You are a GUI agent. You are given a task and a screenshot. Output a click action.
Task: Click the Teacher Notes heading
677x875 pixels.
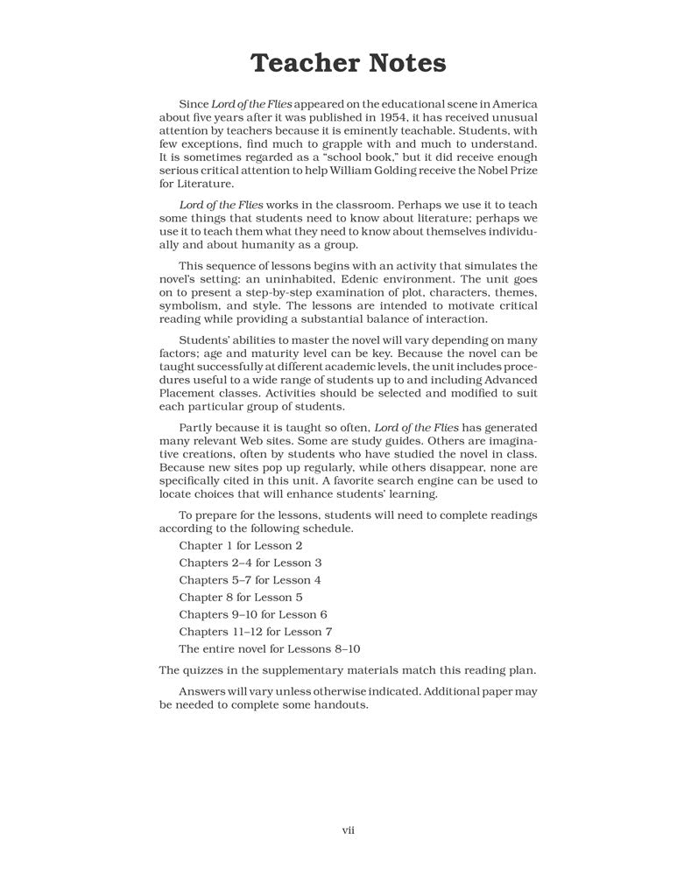click(349, 64)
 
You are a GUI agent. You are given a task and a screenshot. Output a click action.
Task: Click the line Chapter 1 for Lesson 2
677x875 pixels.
click(241, 546)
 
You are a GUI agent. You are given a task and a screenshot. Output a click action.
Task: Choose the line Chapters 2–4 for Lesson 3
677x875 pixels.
click(250, 563)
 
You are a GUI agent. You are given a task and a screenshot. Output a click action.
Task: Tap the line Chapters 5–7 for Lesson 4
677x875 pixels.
click(250, 580)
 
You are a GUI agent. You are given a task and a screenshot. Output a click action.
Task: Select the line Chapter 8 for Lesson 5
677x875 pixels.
click(241, 598)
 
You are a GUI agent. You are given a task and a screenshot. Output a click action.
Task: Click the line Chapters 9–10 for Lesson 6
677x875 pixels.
click(253, 614)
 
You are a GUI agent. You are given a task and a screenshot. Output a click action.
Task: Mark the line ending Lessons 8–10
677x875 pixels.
click(270, 649)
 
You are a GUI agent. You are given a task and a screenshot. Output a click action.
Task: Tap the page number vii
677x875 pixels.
click(348, 829)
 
